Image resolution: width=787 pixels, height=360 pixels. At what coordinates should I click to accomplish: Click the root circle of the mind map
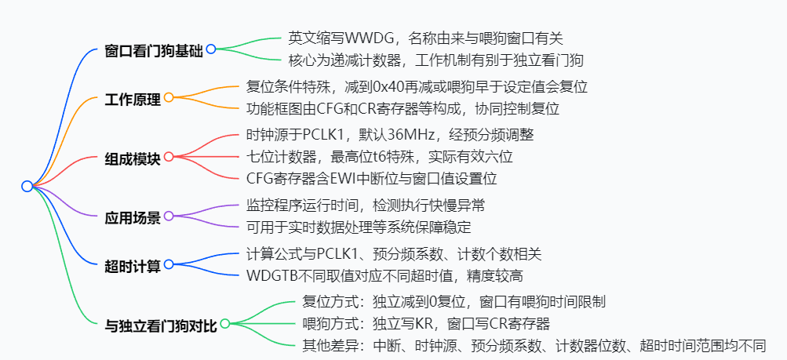pos(27,186)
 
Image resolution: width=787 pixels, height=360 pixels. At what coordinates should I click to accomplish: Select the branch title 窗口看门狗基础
pos(154,51)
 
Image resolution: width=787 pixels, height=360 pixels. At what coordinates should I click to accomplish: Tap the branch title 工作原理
pos(132,100)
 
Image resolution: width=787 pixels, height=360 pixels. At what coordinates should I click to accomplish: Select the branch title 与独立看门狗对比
pos(160,324)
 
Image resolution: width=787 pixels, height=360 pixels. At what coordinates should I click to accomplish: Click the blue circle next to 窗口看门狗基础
pos(210,49)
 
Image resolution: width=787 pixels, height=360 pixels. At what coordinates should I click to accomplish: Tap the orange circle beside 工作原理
pos(168,98)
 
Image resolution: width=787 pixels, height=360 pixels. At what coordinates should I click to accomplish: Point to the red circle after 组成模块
pos(168,157)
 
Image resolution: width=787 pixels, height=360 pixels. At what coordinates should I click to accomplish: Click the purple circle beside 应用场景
pos(168,216)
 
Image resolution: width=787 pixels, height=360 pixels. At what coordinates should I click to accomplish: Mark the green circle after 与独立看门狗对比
pos(225,323)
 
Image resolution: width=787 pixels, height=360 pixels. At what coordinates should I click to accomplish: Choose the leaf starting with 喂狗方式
pos(425,323)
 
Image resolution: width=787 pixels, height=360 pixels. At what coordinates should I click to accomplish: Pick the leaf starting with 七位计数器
pos(377,157)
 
